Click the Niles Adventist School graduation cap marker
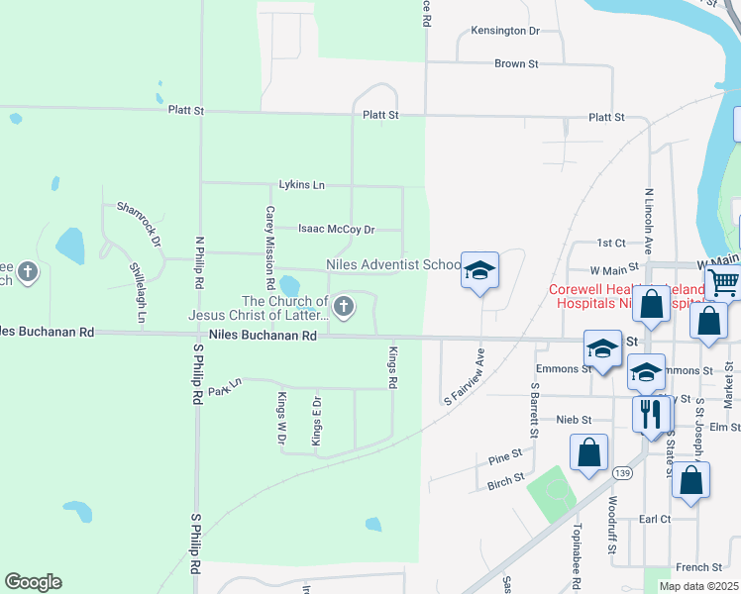pyautogui.click(x=479, y=270)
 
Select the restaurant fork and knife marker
pyautogui.click(x=651, y=412)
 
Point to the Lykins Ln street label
pyautogui.click(x=302, y=185)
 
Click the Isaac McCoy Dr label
pyautogui.click(x=337, y=229)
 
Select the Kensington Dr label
pyautogui.click(x=505, y=31)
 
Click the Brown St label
pyautogui.click(x=516, y=63)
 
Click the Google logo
pyautogui.click(x=33, y=582)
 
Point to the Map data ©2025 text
pyautogui.click(x=698, y=586)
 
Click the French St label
pyautogui.click(x=699, y=567)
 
